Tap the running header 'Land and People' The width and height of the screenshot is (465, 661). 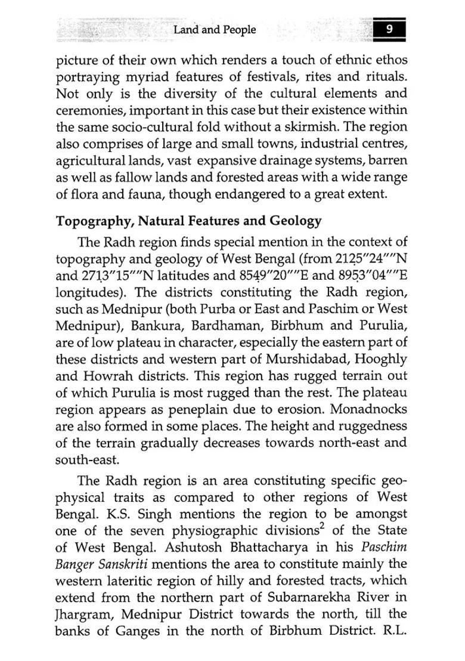point(215,30)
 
